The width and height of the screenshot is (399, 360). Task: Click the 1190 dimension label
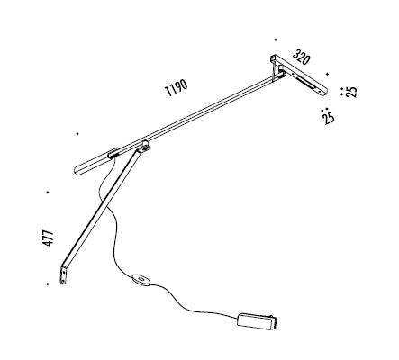tap(177, 87)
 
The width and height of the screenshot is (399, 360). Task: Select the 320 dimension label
tap(301, 57)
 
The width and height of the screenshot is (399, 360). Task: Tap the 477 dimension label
tap(48, 238)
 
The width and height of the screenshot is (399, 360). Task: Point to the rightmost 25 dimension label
tap(351, 92)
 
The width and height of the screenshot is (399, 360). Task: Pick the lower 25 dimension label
tap(329, 117)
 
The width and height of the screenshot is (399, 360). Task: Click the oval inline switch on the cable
tap(141, 279)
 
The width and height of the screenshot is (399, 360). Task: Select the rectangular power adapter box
tap(257, 321)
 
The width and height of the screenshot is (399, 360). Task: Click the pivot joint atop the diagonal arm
tap(144, 146)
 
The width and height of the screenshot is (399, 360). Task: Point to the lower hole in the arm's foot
tap(63, 281)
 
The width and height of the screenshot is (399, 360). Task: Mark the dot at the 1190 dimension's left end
tap(77, 134)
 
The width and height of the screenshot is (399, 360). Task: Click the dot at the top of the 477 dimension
tap(48, 193)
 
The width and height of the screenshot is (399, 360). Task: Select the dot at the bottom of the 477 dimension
tap(48, 283)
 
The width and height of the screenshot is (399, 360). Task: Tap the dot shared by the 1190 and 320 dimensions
tap(276, 40)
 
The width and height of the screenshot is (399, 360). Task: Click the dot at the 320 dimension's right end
tap(327, 74)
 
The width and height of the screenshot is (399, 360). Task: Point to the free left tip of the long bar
tap(77, 170)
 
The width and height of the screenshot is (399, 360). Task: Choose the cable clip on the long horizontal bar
tap(113, 153)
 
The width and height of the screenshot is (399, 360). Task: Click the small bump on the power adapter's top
tap(272, 316)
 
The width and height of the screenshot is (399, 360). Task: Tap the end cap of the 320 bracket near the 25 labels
tap(323, 91)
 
